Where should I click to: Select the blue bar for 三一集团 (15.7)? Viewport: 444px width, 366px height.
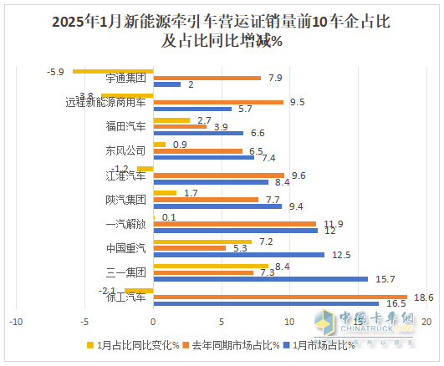click(x=260, y=279)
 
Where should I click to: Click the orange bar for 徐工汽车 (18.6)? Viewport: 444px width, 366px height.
click(x=280, y=297)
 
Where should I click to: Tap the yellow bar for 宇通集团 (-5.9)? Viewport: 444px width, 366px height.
click(x=113, y=71)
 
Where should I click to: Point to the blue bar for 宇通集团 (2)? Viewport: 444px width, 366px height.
click(x=166, y=84)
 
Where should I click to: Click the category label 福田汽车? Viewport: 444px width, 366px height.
click(x=126, y=127)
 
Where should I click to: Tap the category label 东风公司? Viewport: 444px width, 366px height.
click(x=126, y=151)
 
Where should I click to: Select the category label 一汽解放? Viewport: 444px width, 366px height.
click(x=126, y=224)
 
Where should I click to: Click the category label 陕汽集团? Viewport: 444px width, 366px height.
click(x=126, y=200)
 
